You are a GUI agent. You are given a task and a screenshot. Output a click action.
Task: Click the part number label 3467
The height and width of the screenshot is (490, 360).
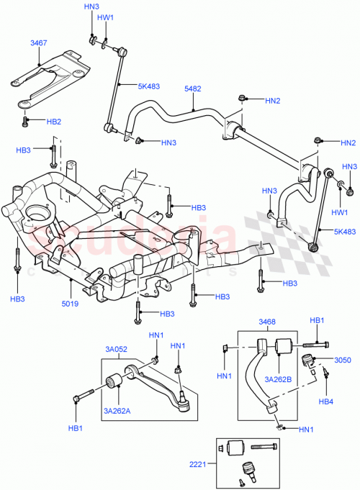point(38,43)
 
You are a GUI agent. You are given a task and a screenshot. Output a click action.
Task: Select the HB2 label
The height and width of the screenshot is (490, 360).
point(53,122)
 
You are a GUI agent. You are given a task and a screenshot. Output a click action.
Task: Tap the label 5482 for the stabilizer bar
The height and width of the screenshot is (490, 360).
point(192,89)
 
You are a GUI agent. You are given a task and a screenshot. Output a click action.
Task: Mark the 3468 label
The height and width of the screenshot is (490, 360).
point(266,322)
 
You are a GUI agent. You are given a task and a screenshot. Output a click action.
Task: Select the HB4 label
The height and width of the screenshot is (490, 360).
point(325,401)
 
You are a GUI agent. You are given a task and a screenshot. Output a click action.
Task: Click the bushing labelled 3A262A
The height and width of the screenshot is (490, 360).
point(113,380)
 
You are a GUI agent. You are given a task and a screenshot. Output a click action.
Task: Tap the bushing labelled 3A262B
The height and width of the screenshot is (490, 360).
point(283,345)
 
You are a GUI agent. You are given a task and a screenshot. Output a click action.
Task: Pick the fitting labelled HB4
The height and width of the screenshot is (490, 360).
point(326,373)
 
